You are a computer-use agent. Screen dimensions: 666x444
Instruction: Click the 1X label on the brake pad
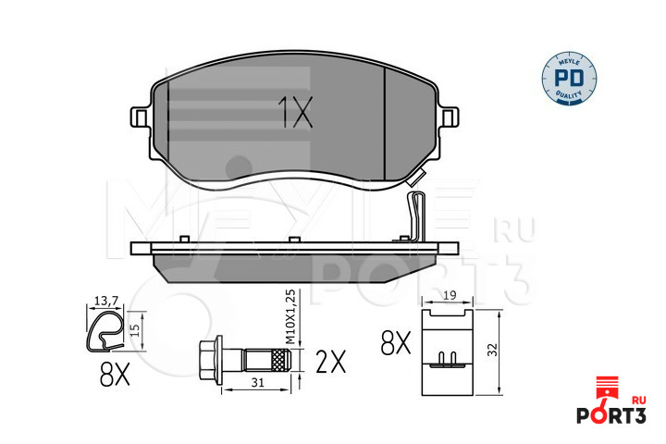(295, 112)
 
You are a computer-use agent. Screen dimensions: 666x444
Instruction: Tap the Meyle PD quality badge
(569, 79)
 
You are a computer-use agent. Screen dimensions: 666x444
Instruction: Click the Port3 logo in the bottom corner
(611, 401)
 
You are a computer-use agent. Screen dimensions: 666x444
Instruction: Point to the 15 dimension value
(135, 330)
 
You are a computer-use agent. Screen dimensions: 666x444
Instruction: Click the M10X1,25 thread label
(290, 317)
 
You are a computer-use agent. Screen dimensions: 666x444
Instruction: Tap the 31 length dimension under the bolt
(257, 382)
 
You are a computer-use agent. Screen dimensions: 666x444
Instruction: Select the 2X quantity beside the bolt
(331, 362)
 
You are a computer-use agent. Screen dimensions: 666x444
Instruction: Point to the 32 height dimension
(492, 350)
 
